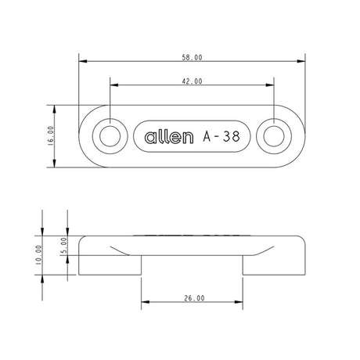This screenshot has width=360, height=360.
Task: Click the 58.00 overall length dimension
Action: point(193,58)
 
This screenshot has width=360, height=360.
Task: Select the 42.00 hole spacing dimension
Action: point(193,81)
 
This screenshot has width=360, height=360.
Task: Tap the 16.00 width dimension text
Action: point(50,136)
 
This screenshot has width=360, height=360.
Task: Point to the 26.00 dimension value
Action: point(193,298)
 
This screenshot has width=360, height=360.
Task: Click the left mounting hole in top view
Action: point(110,136)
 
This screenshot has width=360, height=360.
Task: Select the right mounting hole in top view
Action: point(273,136)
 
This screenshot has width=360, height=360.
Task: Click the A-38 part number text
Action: point(220,136)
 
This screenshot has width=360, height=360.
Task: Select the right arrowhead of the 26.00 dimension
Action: point(240,303)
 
